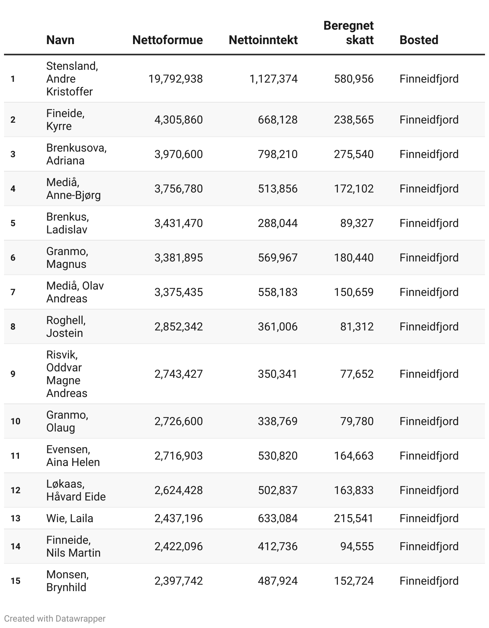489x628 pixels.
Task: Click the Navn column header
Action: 60,40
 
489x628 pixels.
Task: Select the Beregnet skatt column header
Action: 348,32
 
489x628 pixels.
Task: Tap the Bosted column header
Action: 418,40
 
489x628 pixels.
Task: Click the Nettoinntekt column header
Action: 263,40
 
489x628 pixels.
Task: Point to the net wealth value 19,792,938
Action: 175,79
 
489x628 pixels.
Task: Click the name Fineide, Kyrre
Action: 65,120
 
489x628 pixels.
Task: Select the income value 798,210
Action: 277,154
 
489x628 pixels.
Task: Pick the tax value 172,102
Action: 354,188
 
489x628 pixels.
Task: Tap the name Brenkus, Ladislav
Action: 67,223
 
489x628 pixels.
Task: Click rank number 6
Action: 13,257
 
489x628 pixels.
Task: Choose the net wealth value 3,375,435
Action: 178,292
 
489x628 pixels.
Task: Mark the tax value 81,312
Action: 357,326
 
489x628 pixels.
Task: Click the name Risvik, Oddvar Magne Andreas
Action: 66,374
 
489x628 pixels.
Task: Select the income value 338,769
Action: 277,421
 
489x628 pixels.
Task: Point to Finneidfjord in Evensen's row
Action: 429,456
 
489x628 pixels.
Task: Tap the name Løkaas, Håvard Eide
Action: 76,490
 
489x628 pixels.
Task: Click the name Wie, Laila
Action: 69,518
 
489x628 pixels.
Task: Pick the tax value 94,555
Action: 357,546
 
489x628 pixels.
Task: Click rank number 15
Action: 15,581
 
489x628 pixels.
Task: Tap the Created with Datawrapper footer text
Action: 55,618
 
